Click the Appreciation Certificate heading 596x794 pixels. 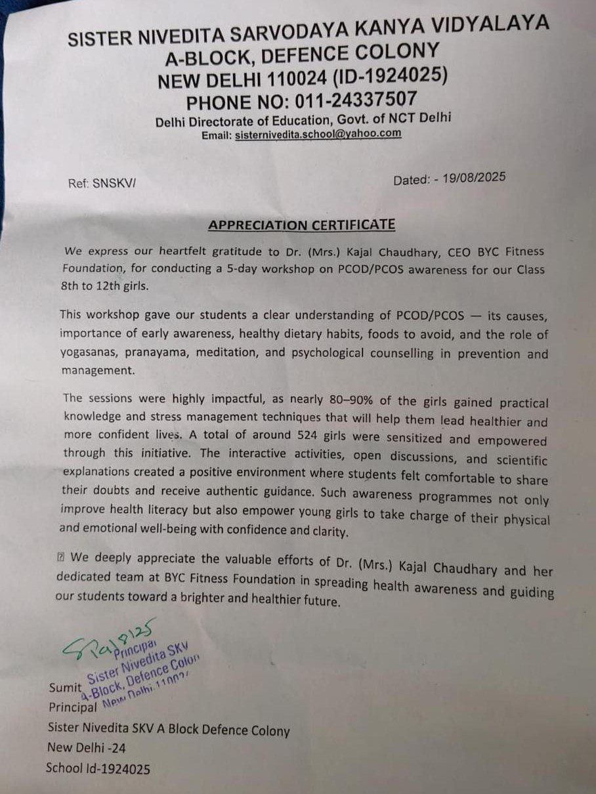[301, 225]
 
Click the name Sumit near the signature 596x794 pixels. [64, 689]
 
